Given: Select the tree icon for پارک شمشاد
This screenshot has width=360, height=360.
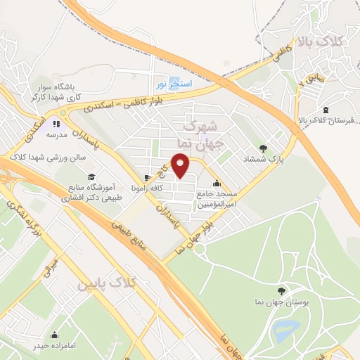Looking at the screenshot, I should coord(263,148).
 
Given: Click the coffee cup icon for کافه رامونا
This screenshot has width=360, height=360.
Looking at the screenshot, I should coord(146,177).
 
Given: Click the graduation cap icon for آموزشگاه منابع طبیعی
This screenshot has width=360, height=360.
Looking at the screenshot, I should coord(91,176).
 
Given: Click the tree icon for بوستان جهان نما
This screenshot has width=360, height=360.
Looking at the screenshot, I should coord(281,290).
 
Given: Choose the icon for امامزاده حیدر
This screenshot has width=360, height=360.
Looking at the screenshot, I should coord(53,335).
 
